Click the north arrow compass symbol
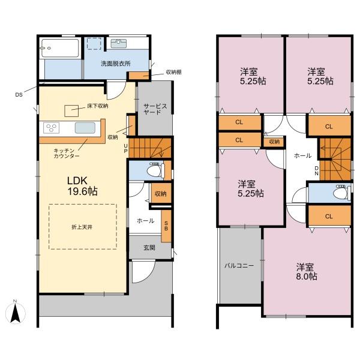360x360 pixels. pyautogui.click(x=15, y=312)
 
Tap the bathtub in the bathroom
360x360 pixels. pyautogui.click(x=60, y=48)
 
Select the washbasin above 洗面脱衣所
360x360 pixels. pyautogui.click(x=118, y=43)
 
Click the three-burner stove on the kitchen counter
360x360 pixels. pyautogui.click(x=51, y=128)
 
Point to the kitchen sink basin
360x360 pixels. pyautogui.click(x=85, y=128)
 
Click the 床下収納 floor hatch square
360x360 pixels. pyautogui.click(x=71, y=111)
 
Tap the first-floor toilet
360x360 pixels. pyautogui.click(x=155, y=170)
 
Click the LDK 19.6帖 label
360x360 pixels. pyautogui.click(x=82, y=186)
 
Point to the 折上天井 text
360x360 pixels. pyautogui.click(x=82, y=227)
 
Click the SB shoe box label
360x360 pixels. pyautogui.click(x=166, y=226)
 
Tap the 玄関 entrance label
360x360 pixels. pyautogui.click(x=149, y=248)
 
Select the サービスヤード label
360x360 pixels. pyautogui.click(x=155, y=109)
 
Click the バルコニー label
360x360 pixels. pyautogui.click(x=239, y=266)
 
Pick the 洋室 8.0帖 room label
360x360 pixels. pyautogui.click(x=307, y=272)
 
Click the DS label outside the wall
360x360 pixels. pyautogui.click(x=19, y=95)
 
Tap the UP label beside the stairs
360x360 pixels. pyautogui.click(x=125, y=148)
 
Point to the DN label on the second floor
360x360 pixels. pyautogui.click(x=317, y=171)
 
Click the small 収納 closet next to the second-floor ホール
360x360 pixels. pyautogui.click(x=274, y=142)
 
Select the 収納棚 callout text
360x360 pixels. pyautogui.click(x=174, y=72)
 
